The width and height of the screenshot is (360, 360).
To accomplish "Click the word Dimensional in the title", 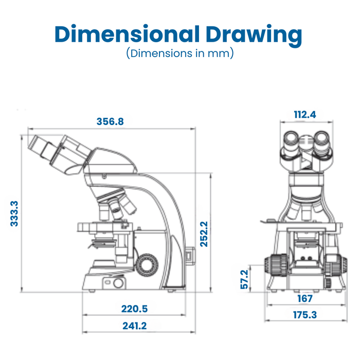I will coord(127,34).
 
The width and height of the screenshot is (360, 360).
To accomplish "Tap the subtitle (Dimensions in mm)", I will coord(180,53).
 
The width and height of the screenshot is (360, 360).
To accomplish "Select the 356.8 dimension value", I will coord(110,122).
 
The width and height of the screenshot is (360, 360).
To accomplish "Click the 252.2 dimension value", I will coord(204,234).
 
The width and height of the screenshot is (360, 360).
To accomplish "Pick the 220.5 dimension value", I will coord(134,309).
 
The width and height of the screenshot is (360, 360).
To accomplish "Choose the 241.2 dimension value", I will coord(134,326).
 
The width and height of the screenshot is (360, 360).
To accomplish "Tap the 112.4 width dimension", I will coord(304,115).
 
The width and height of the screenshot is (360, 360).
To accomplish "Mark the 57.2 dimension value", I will coord(245,279).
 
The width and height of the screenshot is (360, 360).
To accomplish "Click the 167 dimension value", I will coord(305,298).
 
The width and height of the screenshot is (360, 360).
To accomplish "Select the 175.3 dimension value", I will coord(305,315).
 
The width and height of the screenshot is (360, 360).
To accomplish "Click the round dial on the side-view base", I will coord(118,282).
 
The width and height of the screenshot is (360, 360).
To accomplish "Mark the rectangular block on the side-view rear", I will coord(189,255).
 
